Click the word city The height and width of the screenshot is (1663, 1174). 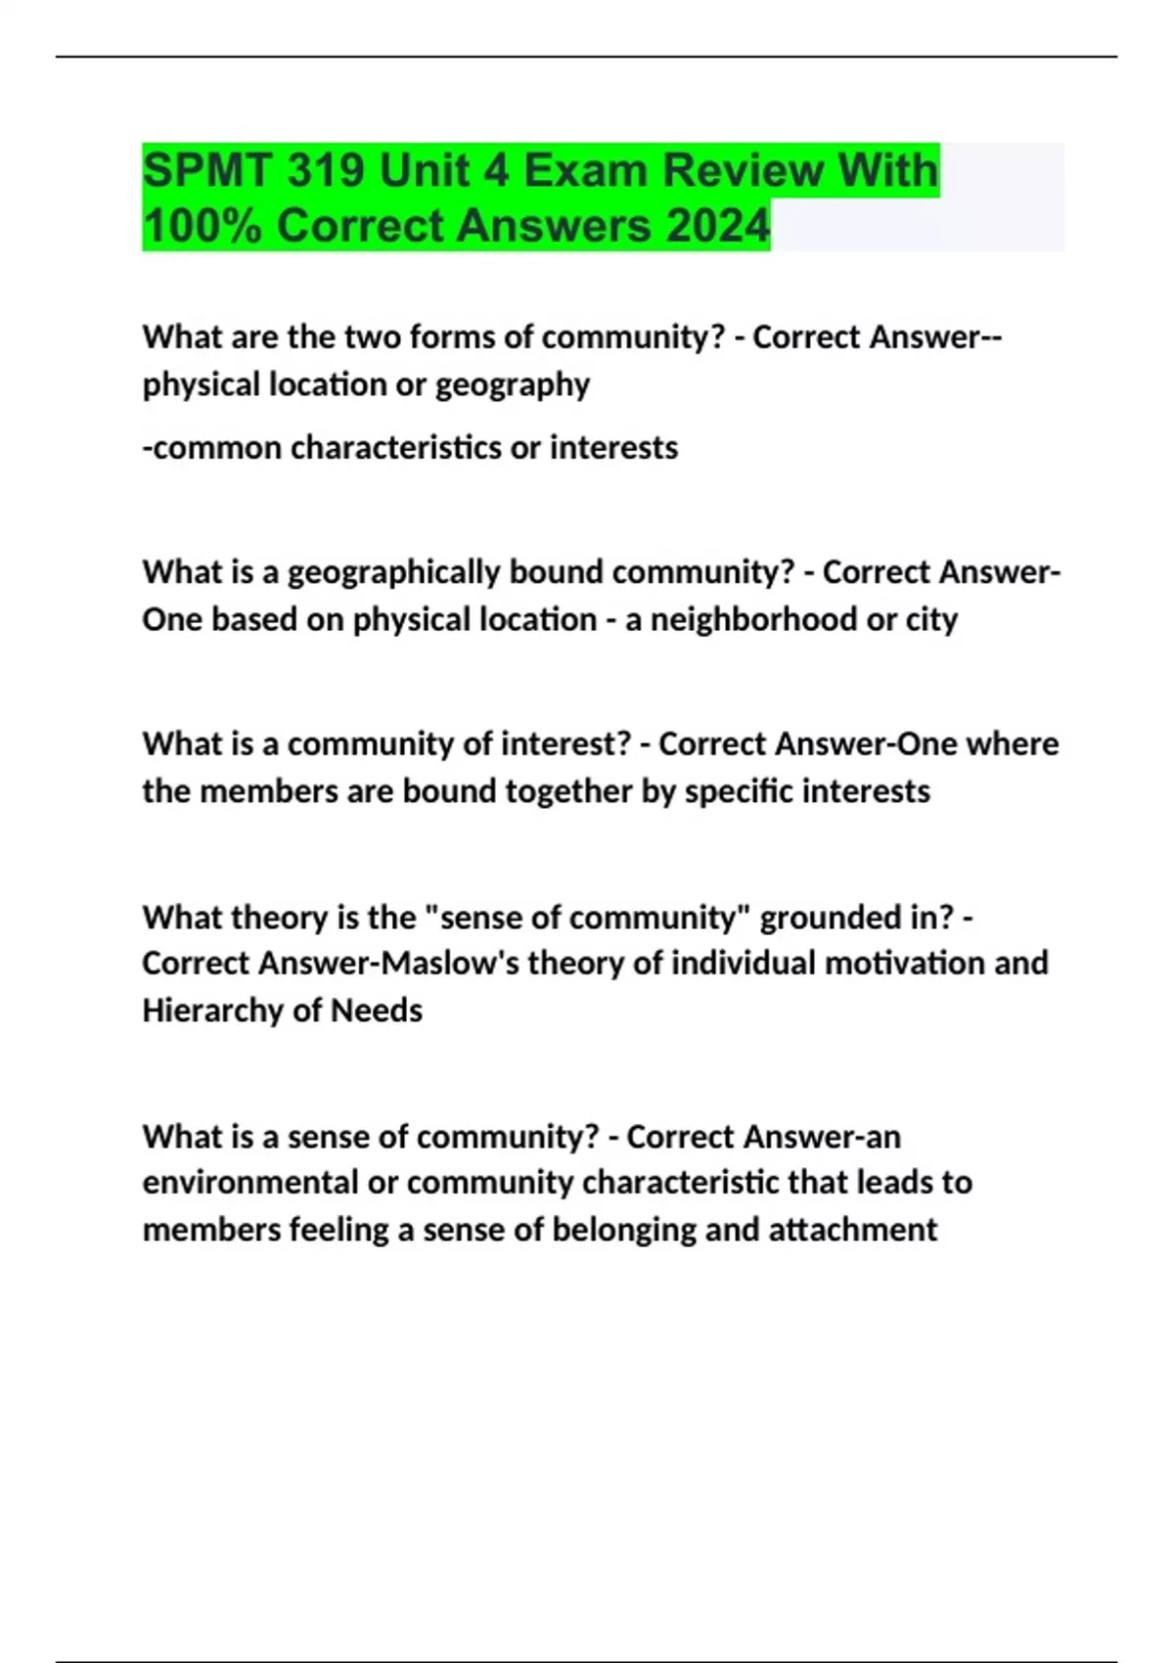coord(930,620)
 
